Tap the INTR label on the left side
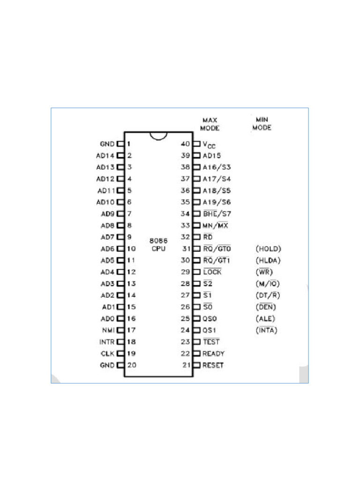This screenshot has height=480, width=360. coord(106,342)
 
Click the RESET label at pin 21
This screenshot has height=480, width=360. coord(213,365)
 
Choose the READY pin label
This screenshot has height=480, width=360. coord(213,354)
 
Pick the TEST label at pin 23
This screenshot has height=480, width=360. coord(211,342)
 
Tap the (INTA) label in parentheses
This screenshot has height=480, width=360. coord(267,330)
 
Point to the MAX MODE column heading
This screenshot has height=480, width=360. coord(210,124)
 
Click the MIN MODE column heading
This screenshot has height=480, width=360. coord(262,124)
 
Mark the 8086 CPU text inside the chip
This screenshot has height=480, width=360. coord(158,244)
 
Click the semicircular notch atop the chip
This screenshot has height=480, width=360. coord(158,135)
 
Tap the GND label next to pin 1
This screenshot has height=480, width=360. coord(107,144)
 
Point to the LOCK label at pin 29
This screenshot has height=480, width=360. coord(212,272)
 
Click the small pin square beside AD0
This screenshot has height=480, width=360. coord(120,319)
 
